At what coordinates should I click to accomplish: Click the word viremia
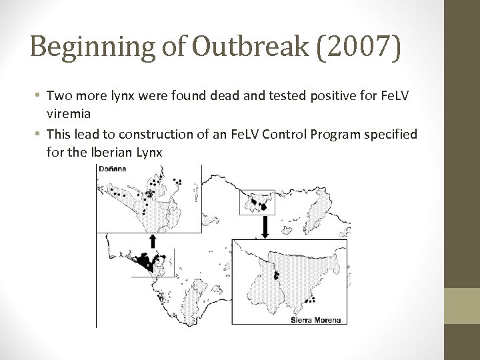click(69, 113)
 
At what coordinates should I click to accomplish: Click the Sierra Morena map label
click(317, 320)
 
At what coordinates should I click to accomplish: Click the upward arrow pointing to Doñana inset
click(153, 241)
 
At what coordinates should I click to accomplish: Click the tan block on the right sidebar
click(462, 305)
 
